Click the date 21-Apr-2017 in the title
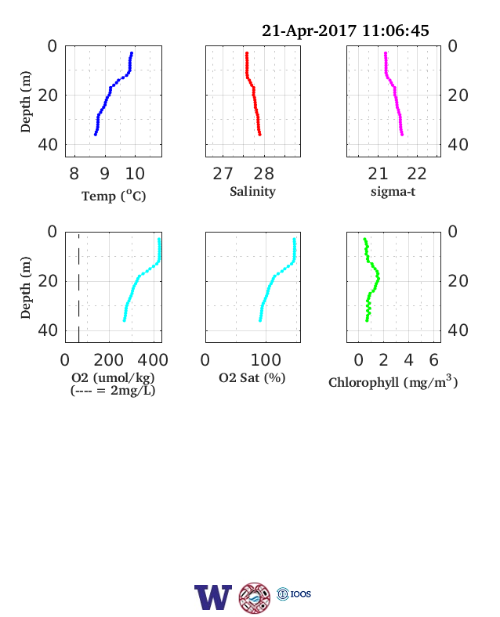pos(309,31)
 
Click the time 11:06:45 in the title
pos(395,31)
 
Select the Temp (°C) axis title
pos(114,196)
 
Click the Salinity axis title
pos(253,192)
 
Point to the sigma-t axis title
pos(393,192)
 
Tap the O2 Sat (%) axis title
pos(252,377)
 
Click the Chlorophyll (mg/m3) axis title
pos(393,381)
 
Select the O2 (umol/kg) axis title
pos(113,377)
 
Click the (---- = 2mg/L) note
pos(113,391)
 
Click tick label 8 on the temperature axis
pos(74,174)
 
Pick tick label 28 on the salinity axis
pos(263,174)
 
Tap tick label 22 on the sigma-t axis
pos(416,174)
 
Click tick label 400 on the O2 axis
pos(153,359)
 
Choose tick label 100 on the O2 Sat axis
pos(266,359)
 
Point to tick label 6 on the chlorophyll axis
pos(433,359)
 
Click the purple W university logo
pos(213,597)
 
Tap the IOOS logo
pos(294,594)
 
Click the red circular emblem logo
pos(255,598)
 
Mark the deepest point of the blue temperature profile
pos(96,135)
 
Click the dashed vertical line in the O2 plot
pos(78,288)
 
